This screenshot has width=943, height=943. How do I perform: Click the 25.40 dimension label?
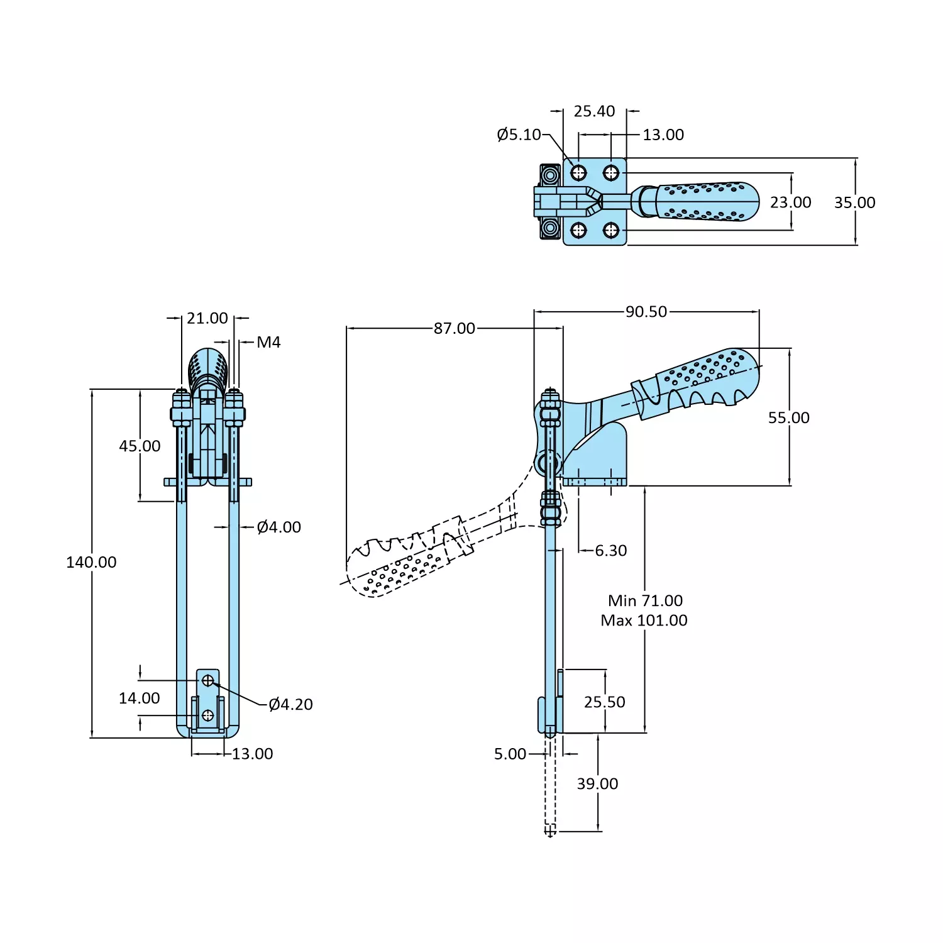[x=594, y=112]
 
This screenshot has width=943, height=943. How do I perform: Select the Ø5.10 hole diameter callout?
[x=519, y=135]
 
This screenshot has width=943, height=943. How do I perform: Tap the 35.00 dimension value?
[x=854, y=202]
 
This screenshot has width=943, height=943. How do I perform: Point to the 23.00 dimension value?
[x=790, y=202]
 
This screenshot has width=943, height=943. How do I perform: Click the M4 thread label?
[x=268, y=343]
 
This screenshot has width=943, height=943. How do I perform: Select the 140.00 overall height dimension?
[x=91, y=562]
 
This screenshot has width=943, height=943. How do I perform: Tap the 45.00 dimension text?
[x=140, y=446]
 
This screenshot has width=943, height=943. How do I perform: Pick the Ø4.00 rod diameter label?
[x=278, y=527]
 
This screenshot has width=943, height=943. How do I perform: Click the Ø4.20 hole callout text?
[x=290, y=705]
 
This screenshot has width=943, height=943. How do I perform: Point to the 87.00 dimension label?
[x=454, y=328]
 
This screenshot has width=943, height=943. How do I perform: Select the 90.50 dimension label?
[x=646, y=312]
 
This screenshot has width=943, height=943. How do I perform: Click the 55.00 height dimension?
[x=788, y=418]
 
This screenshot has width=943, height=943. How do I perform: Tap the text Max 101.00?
[x=644, y=620]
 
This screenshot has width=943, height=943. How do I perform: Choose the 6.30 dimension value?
[x=610, y=551]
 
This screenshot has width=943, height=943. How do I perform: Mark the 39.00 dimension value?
[x=597, y=784]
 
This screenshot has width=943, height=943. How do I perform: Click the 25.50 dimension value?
[x=604, y=702]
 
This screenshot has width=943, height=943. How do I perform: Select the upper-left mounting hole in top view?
[x=578, y=173]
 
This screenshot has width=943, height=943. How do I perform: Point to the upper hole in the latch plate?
[x=208, y=680]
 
